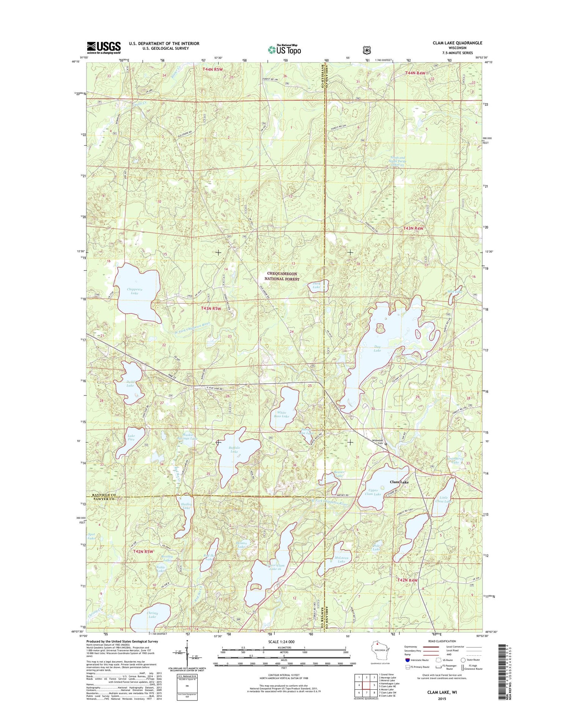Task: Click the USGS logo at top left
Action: [104, 48]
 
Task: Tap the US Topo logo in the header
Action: [284, 50]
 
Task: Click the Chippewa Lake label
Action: [134, 291]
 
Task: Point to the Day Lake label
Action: [377, 348]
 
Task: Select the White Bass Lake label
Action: [281, 414]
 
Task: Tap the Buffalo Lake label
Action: [234, 449]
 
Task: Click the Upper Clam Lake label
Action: [373, 492]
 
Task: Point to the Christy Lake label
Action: [152, 615]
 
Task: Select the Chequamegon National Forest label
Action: [282, 276]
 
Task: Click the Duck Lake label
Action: [316, 285]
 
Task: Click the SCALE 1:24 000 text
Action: [281, 642]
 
